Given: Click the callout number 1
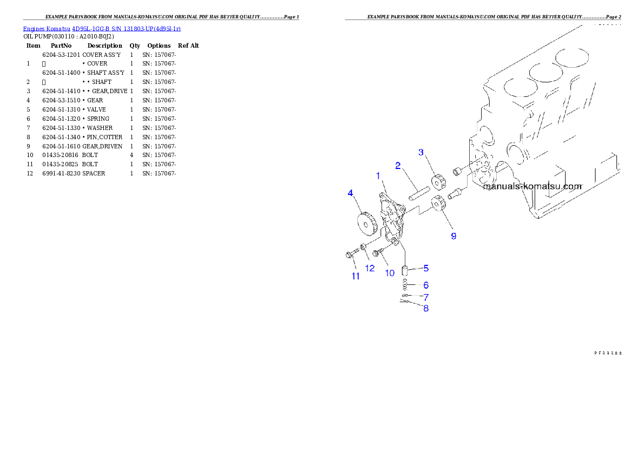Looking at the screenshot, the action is tap(379, 176).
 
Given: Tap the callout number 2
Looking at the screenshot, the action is tap(398, 166).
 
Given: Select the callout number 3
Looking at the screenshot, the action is tap(421, 152).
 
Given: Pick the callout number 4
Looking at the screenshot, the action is tap(351, 193).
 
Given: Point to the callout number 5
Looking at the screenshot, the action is tap(426, 268).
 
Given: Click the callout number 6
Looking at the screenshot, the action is tap(426, 285).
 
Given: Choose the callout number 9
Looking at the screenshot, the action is tap(454, 236).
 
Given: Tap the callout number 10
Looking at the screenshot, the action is tap(390, 273).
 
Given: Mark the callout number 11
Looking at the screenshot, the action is tap(356, 276).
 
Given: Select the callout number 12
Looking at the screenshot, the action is tap(370, 268).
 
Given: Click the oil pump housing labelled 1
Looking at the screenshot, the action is tap(392, 219).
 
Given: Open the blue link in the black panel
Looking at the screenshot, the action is tap(102, 28).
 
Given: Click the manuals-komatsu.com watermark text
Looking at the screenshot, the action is tap(532, 186).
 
